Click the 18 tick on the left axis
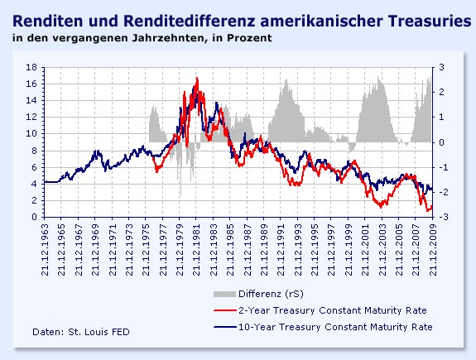coord(31,67)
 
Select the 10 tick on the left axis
coord(31,134)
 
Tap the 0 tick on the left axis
coord(33,217)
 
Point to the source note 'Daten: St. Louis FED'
coord(80,332)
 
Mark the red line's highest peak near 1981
coord(196,79)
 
